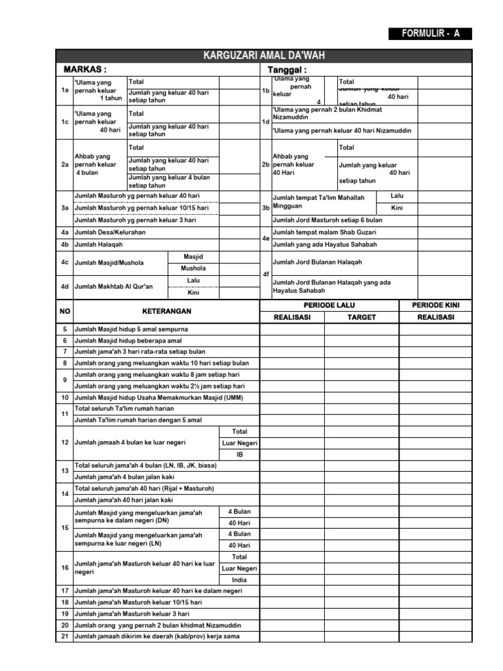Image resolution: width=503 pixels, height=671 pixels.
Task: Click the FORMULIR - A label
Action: click(x=428, y=34)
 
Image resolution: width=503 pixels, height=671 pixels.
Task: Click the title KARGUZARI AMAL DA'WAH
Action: click(x=263, y=56)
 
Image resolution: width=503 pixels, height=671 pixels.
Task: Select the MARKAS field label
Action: click(x=85, y=69)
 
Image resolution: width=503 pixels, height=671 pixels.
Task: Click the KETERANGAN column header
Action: click(x=158, y=311)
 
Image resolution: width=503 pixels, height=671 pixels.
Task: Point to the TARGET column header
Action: click(x=362, y=317)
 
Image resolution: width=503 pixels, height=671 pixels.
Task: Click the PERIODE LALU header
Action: click(x=329, y=306)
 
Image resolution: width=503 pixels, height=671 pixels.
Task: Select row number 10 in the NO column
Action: click(x=65, y=398)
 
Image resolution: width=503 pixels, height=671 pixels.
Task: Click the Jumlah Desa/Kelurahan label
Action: click(x=111, y=233)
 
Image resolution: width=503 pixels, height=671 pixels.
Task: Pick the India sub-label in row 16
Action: click(x=239, y=580)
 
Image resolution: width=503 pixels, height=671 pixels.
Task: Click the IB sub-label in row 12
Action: click(x=239, y=454)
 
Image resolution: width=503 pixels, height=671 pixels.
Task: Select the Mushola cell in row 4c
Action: click(x=193, y=269)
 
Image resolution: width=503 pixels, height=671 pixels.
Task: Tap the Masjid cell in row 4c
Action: click(x=193, y=256)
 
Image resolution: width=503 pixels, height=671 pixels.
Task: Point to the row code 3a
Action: click(x=65, y=208)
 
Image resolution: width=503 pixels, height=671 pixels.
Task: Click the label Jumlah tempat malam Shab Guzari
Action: click(x=324, y=233)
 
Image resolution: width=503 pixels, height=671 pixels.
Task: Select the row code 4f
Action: click(x=265, y=275)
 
